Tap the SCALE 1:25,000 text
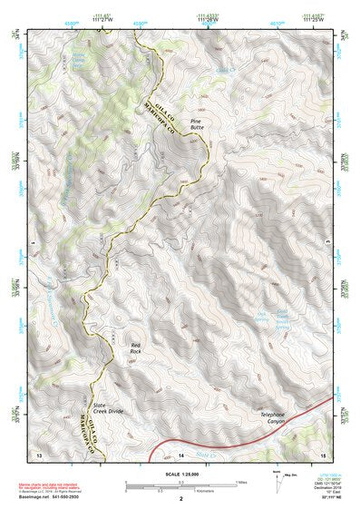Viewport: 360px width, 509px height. click(180, 474)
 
